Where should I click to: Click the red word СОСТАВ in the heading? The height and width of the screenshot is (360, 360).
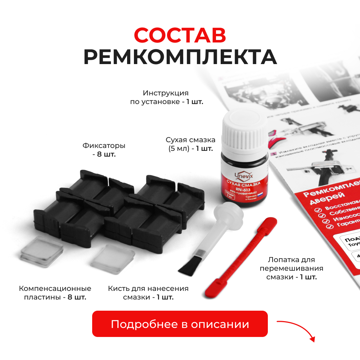coord(180,35)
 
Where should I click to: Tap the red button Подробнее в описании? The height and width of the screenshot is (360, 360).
coord(180,324)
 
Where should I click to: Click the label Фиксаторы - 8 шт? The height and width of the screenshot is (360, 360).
coord(104,150)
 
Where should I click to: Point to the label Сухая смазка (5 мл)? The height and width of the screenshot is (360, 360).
coord(190,144)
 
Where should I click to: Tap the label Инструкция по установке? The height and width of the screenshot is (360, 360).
coord(167,97)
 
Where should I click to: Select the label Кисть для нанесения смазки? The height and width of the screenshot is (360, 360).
coord(148,293)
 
